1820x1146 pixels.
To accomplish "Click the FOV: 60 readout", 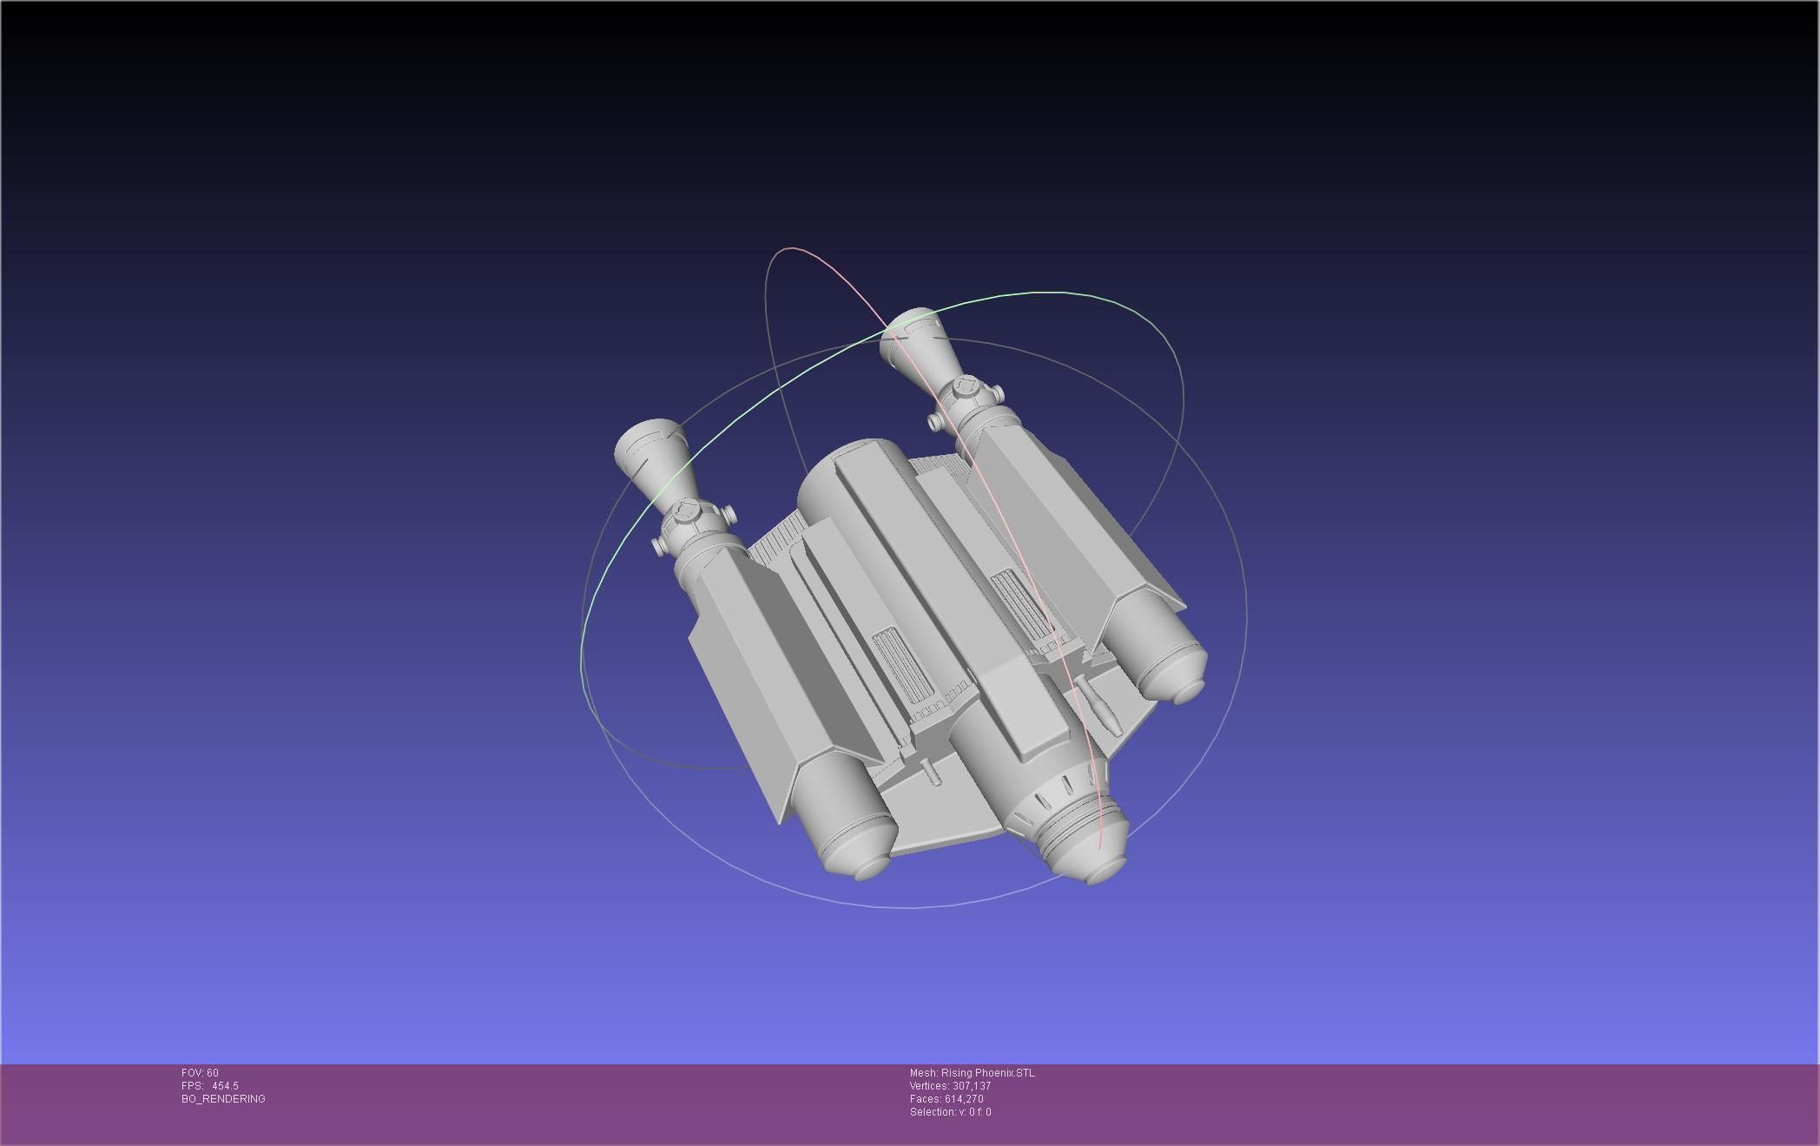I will point(200,1073).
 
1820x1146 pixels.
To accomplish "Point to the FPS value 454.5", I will point(225,1086).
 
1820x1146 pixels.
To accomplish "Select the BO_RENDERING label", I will point(223,1099).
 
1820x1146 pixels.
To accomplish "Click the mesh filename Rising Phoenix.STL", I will point(987,1073).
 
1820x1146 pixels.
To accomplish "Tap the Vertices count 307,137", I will point(971,1086).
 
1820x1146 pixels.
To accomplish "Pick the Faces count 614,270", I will point(963,1099).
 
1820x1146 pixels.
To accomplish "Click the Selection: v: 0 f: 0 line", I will point(950,1112).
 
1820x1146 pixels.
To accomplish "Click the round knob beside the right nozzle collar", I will point(934,422).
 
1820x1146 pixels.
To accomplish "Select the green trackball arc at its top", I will point(1042,293).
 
